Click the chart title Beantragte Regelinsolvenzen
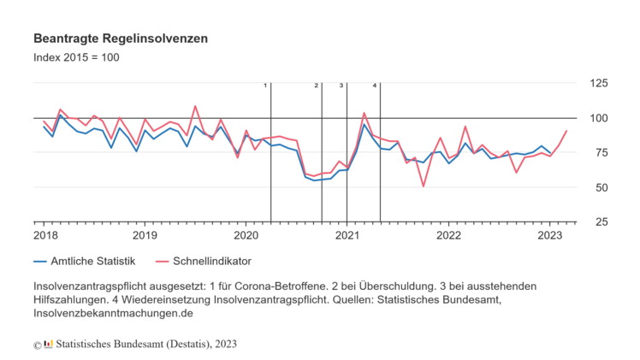[120, 39]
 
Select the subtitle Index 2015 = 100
[76, 58]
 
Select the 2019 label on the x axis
[145, 234]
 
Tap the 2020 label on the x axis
[246, 234]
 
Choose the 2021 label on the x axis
[347, 234]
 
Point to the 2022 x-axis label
[447, 234]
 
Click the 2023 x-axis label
[548, 234]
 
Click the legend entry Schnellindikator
[212, 261]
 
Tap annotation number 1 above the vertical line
[265, 86]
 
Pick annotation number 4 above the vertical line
[375, 86]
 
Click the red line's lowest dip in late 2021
[424, 186]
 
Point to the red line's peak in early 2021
[364, 113]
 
